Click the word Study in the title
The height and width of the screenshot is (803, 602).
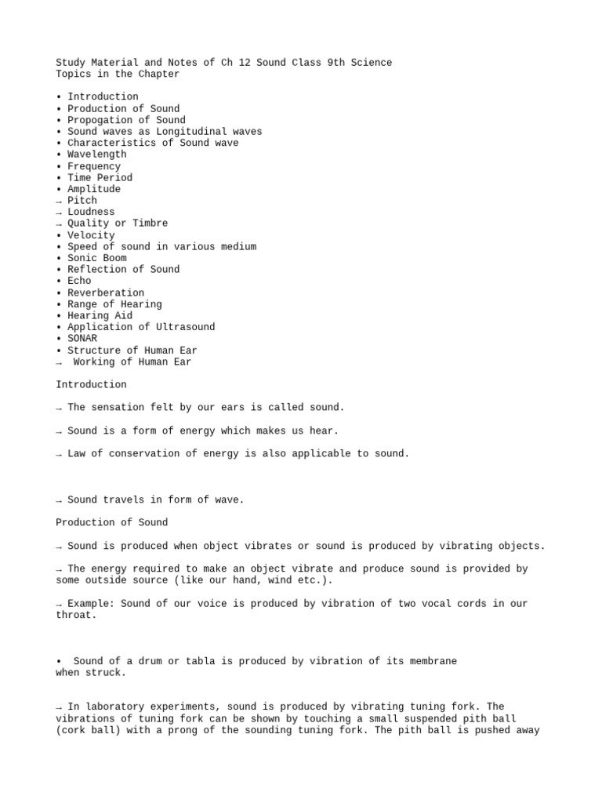coord(71,63)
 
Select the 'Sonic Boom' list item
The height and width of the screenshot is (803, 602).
coord(96,258)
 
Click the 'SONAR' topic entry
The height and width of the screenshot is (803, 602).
coord(82,339)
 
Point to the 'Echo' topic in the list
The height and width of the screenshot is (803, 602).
coord(79,281)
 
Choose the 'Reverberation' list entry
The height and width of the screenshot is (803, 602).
coord(106,292)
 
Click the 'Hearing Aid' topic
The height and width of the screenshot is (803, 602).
coord(100,315)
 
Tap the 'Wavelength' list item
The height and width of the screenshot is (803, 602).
coord(96,154)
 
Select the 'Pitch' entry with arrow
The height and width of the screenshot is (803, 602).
coord(82,201)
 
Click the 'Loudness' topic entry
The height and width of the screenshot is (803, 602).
coord(91,212)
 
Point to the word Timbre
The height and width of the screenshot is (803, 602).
coord(150,223)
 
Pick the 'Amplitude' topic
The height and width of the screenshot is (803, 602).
coord(94,189)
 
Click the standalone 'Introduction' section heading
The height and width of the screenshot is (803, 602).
coord(91,385)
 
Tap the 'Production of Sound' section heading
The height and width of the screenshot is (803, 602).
coord(111,522)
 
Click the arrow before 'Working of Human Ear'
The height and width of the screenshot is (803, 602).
coord(60,362)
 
